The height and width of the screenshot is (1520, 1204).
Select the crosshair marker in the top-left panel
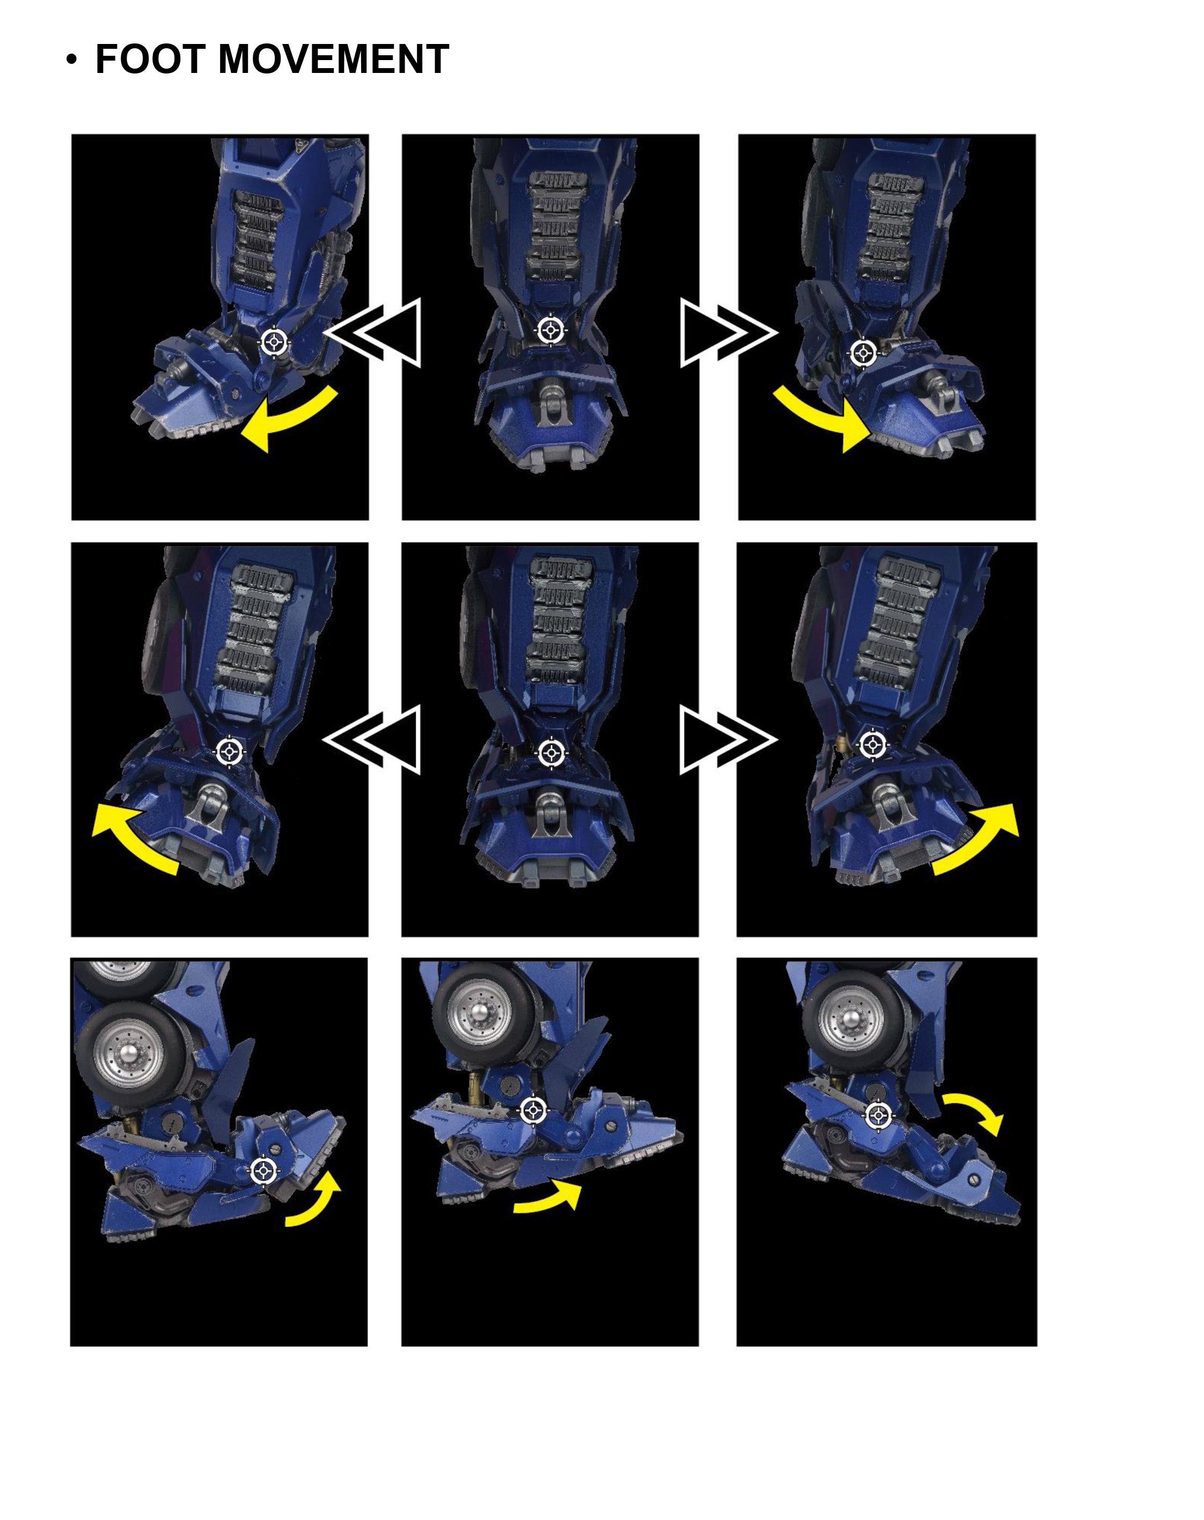(x=274, y=343)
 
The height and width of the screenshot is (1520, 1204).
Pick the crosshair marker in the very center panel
(x=551, y=754)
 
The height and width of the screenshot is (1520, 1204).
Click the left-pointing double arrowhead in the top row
(x=372, y=333)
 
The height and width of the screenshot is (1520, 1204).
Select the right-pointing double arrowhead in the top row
(x=729, y=333)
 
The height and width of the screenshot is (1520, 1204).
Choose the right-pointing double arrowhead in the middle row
(x=729, y=740)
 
